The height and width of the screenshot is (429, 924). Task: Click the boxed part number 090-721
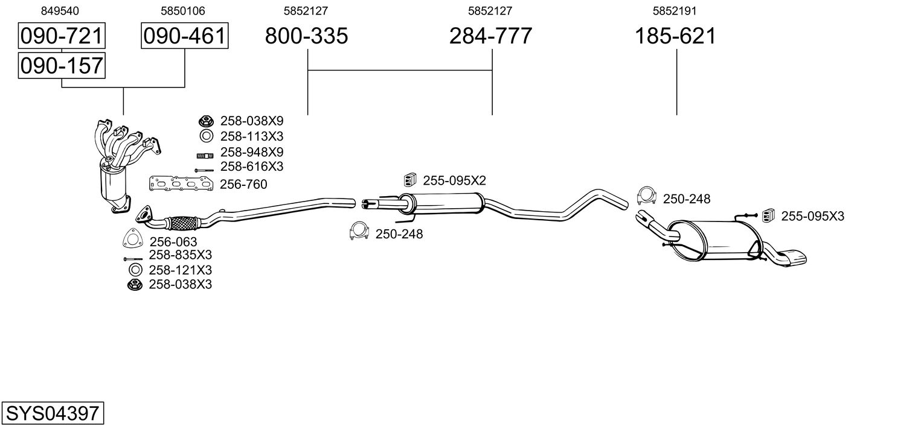[x=62, y=36]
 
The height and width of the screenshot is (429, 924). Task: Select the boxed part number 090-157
[x=62, y=65]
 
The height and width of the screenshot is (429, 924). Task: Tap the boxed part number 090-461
[x=184, y=36]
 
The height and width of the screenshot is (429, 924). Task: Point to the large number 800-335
[x=307, y=36]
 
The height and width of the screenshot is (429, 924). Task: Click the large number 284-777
[x=490, y=36]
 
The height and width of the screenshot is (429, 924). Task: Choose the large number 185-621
[x=675, y=36]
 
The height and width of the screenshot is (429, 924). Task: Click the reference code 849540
[x=60, y=10]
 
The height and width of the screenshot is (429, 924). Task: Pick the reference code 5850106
[x=183, y=10]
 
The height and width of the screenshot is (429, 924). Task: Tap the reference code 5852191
[x=675, y=10]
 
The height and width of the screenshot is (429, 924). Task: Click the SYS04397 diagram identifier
[x=52, y=413]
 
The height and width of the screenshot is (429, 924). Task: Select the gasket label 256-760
[x=243, y=184]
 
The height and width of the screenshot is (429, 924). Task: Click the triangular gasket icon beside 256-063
[x=132, y=240]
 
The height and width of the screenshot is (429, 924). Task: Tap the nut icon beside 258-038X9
[x=205, y=121]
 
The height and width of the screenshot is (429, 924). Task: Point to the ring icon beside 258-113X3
[x=205, y=136]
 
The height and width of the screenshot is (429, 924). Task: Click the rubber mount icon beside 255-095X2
[x=411, y=179]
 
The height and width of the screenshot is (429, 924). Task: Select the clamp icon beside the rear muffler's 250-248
[x=647, y=195]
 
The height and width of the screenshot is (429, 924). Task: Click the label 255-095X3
[x=812, y=216]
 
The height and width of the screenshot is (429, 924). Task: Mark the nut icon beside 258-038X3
[x=134, y=284]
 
